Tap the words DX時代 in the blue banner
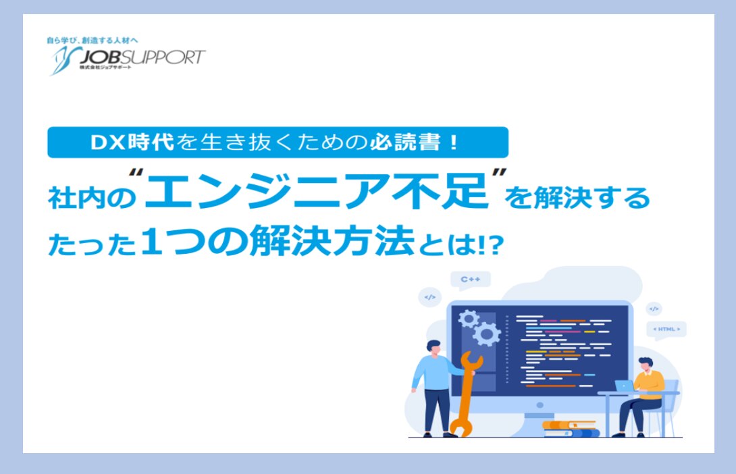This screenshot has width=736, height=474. [x=132, y=142]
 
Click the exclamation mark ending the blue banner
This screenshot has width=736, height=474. [x=454, y=142]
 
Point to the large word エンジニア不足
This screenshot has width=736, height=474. [x=317, y=192]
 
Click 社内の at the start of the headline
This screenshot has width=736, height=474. [x=92, y=198]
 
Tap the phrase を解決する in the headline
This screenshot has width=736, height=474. [x=577, y=198]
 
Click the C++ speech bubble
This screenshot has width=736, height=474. [x=471, y=280]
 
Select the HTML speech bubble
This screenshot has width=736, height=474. [x=666, y=330]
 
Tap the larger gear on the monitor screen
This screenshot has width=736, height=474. [x=486, y=334]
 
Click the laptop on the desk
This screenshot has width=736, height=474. [x=625, y=386]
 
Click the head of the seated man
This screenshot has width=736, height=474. [x=646, y=365]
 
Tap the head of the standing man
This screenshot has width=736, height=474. [x=433, y=348]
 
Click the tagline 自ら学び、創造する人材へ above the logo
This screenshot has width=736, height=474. [x=93, y=41]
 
